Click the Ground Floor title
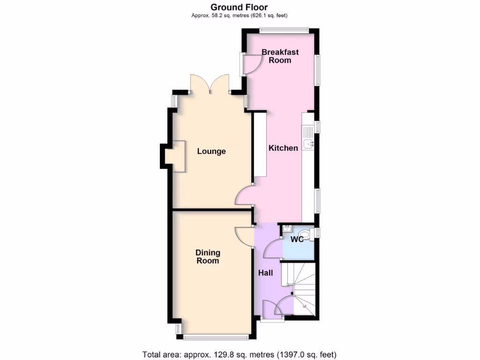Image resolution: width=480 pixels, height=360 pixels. [x=239, y=7]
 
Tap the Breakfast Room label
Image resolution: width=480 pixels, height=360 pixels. [x=280, y=56]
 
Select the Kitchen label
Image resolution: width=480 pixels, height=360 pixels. [x=283, y=148]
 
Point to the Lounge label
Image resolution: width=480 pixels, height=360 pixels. [x=211, y=151]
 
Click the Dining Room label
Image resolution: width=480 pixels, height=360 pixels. [x=208, y=257]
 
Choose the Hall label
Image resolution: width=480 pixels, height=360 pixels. [x=265, y=273]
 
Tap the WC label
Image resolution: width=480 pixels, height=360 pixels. [x=297, y=240]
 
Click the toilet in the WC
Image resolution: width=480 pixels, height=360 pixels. [x=306, y=232]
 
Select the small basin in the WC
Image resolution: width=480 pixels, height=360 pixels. [x=287, y=229]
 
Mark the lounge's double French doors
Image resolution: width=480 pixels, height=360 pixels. [x=210, y=84]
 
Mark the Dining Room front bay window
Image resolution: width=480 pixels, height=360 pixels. [x=217, y=336]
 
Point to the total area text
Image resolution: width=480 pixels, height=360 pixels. [x=240, y=354]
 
